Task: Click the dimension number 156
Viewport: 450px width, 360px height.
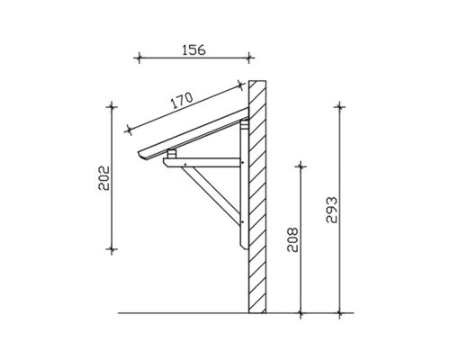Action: [189, 50]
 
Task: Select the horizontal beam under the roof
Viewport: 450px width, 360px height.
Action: [207, 165]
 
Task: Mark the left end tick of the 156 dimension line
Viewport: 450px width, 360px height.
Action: [139, 59]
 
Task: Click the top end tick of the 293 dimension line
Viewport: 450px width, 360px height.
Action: [340, 105]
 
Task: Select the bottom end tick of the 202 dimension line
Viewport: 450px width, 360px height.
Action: [112, 248]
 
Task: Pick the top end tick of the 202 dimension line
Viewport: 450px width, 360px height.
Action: [112, 105]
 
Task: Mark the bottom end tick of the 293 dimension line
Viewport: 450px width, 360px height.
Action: [340, 313]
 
